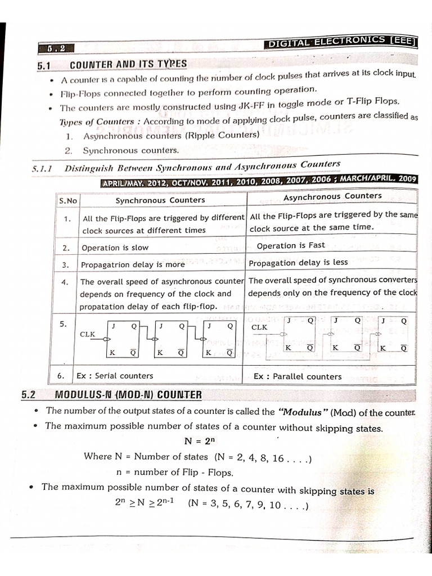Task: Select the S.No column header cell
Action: (x=66, y=201)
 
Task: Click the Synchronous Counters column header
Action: (x=160, y=200)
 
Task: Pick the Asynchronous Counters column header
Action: (x=332, y=196)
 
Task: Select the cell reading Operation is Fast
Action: (x=291, y=246)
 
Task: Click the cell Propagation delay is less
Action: (x=298, y=263)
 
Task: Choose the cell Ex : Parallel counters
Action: (x=298, y=376)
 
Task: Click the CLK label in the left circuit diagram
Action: (x=88, y=334)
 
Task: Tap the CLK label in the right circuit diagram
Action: (x=260, y=327)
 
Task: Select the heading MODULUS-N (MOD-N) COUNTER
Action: (x=128, y=395)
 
